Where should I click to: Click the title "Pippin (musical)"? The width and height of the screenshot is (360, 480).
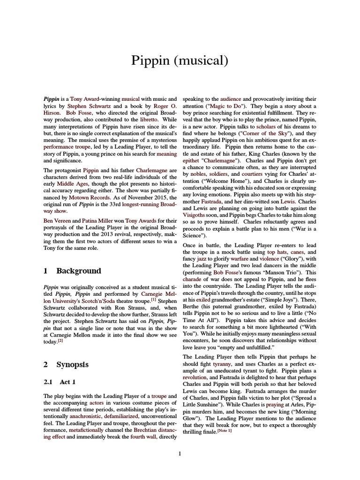pyautogui.click(x=180, y=60)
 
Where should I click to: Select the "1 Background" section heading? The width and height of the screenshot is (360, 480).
pyautogui.click(x=72, y=270)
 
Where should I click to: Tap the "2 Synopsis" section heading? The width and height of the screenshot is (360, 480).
pyautogui.click(x=66, y=364)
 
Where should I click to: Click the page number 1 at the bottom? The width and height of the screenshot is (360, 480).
pyautogui.click(x=180, y=454)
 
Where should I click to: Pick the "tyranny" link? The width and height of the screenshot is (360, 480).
pyautogui.click(x=222, y=363)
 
